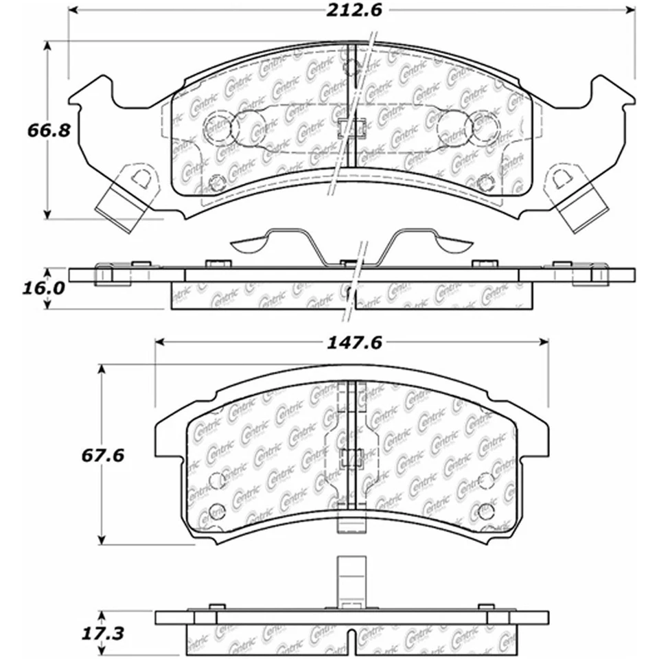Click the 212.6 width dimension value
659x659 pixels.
(354, 10)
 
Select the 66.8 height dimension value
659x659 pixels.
(49, 130)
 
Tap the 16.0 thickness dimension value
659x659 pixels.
(44, 289)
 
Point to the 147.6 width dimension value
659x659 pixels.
(354, 343)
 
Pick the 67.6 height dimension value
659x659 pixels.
(103, 455)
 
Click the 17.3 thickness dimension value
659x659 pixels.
(103, 634)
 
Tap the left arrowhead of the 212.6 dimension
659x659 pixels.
(73, 10)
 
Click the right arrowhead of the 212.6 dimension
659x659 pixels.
(630, 10)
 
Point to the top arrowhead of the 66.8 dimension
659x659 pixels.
(47, 46)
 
